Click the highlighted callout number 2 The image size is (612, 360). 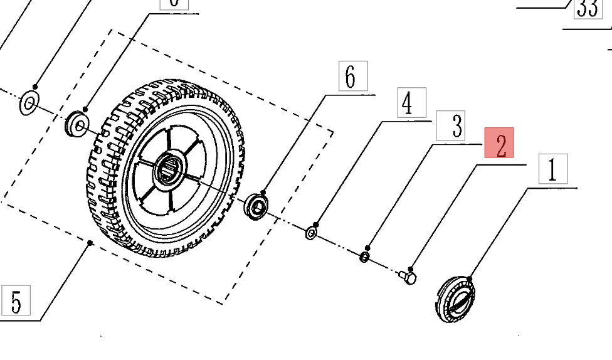click(x=499, y=143)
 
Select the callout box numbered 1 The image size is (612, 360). click(x=552, y=169)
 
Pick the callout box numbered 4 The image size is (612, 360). click(x=411, y=103)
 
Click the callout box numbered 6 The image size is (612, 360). click(x=352, y=77)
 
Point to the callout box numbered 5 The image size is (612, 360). click(x=16, y=300)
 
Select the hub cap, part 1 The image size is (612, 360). click(x=454, y=299)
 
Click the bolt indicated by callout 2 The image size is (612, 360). click(x=407, y=276)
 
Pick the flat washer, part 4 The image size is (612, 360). click(x=311, y=234)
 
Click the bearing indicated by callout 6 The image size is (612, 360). click(x=256, y=206)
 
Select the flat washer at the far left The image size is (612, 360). click(x=28, y=103)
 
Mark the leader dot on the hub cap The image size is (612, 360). click(x=469, y=279)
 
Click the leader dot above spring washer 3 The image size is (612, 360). click(x=368, y=248)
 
